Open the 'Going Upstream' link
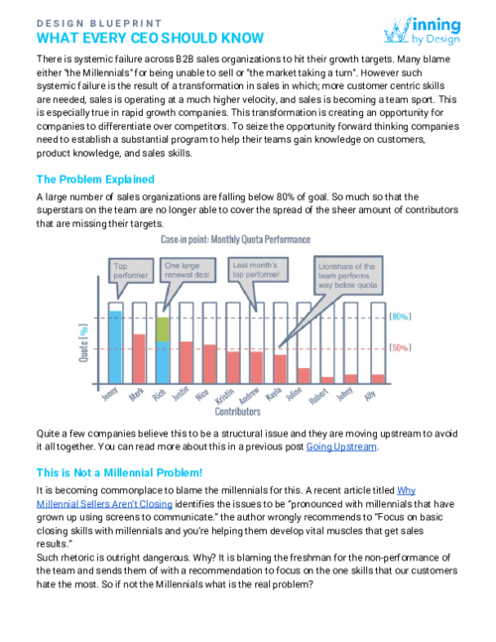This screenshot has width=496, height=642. point(342,447)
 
